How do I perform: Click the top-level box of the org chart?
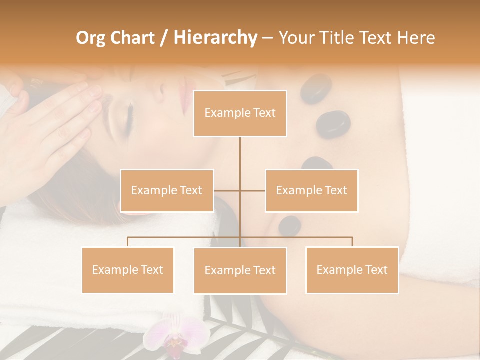(240, 113)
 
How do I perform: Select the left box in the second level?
(167, 190)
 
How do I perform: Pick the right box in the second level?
(311, 190)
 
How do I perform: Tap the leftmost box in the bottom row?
(128, 270)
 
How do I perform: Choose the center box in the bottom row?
(240, 270)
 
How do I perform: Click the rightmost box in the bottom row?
(352, 270)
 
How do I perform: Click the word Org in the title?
(90, 38)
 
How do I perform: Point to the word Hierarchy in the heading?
(215, 38)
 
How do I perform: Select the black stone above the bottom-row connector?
(289, 226)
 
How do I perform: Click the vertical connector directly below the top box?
(240, 155)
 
